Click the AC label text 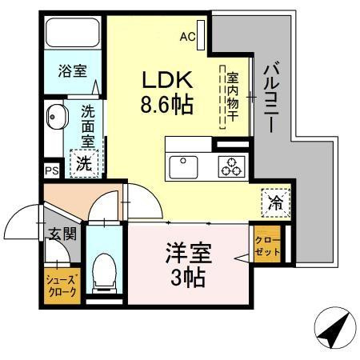tap(187, 36)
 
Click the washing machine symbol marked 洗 tap(83, 165)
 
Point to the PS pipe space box tap(51, 170)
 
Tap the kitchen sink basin tap(184, 166)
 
